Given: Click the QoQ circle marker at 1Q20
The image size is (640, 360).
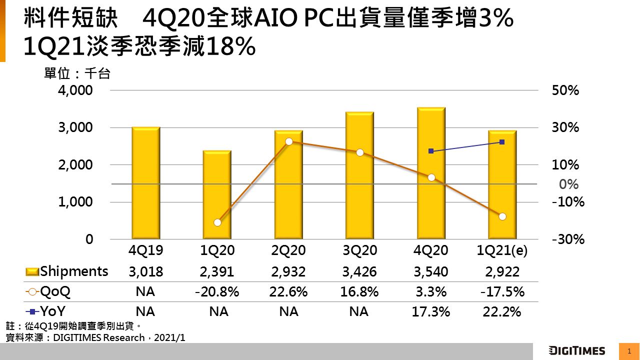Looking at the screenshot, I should (217, 222).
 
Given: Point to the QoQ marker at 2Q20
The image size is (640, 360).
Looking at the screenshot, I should (289, 141).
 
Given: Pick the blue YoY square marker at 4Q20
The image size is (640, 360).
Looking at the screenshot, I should (431, 151).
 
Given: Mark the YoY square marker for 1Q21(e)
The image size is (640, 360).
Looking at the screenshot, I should (502, 142).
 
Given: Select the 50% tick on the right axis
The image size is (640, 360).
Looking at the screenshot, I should (565, 90).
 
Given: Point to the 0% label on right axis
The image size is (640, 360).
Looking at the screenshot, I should (568, 184).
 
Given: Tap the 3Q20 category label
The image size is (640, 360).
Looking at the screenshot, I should (359, 250).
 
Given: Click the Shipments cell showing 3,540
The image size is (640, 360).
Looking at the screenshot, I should (431, 272).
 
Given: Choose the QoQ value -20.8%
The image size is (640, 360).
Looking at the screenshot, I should (217, 292).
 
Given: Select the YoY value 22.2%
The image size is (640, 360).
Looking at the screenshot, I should (502, 312).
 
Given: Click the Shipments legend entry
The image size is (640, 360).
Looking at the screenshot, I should (67, 271).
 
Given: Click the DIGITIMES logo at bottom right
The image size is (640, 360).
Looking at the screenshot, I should (577, 350).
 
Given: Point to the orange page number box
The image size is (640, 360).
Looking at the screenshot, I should (629, 351).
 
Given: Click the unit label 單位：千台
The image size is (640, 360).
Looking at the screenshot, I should (77, 74).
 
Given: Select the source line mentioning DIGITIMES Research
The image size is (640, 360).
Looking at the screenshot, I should (95, 337).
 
